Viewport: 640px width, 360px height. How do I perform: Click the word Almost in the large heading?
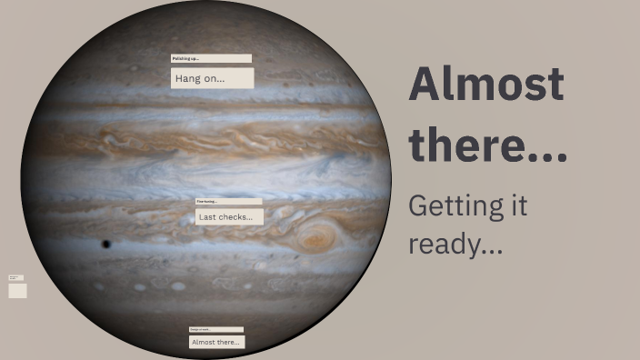coord(486,85)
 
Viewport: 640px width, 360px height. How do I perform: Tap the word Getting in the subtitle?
coord(445,206)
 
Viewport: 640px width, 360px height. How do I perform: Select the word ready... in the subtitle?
coord(455,244)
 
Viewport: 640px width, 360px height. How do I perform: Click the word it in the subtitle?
coord(517,206)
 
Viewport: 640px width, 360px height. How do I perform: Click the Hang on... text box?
coord(212,78)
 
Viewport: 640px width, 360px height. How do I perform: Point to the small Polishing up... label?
coord(210,58)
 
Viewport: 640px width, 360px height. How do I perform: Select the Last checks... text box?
coord(229,217)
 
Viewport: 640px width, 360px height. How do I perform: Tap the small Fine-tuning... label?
coord(228,201)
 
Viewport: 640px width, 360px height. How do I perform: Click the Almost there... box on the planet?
coord(216,342)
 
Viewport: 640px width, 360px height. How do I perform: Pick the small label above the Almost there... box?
coord(215,329)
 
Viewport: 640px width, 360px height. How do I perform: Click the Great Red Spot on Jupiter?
coord(316,240)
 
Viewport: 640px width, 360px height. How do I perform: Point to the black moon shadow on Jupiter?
coord(105,244)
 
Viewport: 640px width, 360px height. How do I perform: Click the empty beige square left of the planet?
coord(17,291)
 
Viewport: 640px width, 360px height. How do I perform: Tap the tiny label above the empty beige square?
coord(15,277)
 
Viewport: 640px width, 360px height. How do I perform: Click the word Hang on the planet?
coord(187,78)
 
